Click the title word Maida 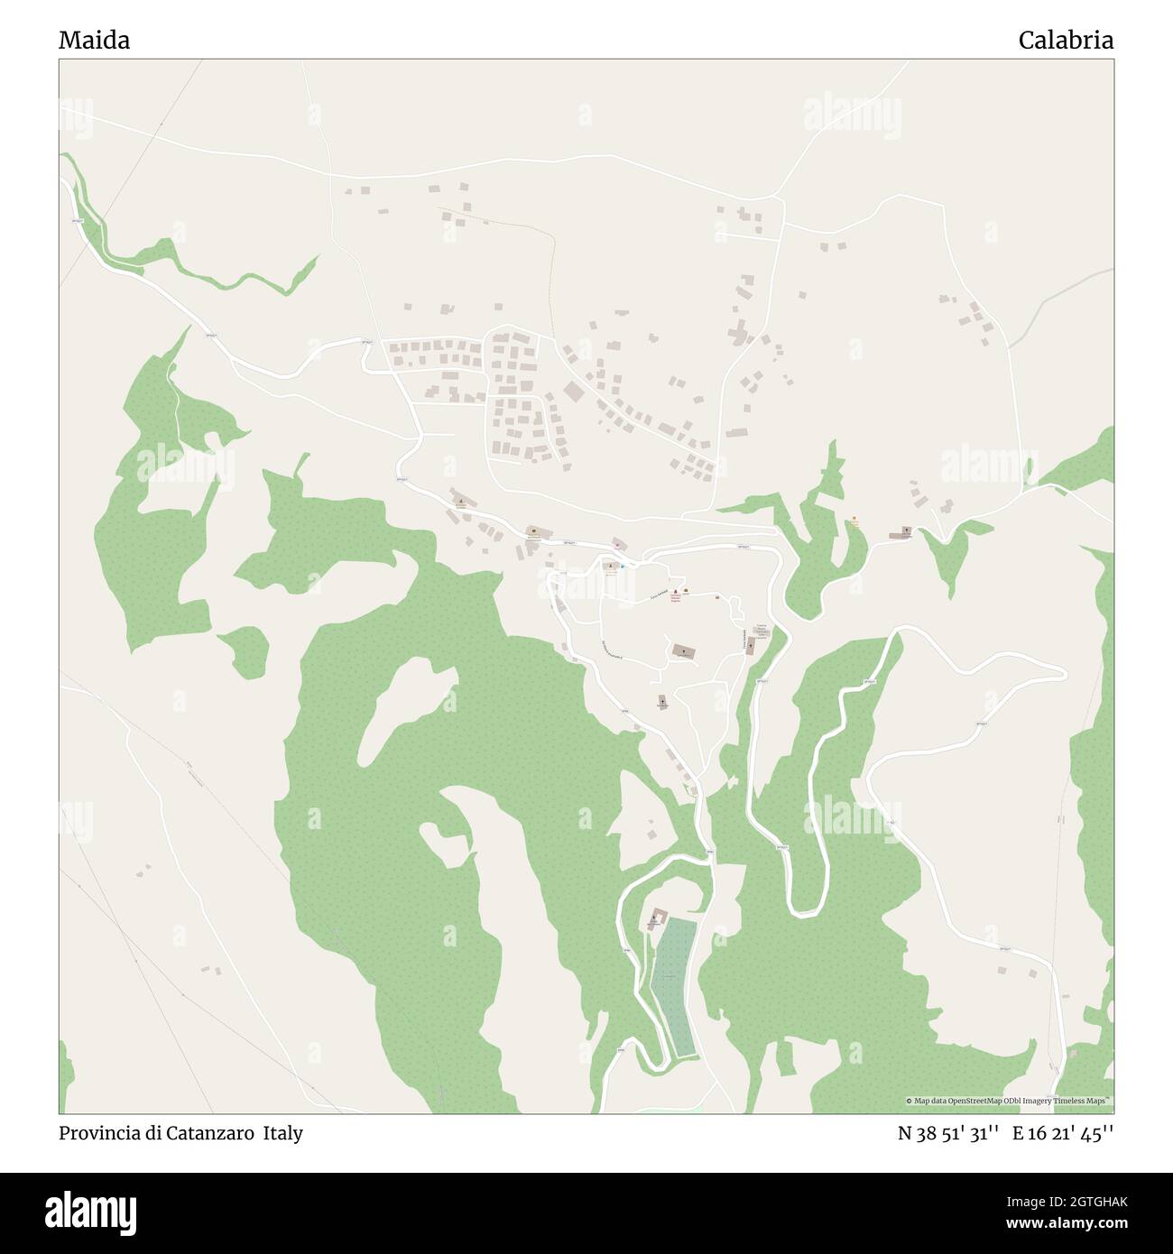pyautogui.click(x=94, y=40)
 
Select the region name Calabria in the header pyautogui.click(x=1066, y=40)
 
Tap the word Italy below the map pyautogui.click(x=283, y=1133)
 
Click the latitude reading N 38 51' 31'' pyautogui.click(x=947, y=1133)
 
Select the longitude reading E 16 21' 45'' pyautogui.click(x=1062, y=1133)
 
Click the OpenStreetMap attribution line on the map pyautogui.click(x=1009, y=1101)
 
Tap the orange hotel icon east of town pyautogui.click(x=854, y=521)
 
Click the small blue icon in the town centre pyautogui.click(x=623, y=566)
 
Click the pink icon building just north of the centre pyautogui.click(x=617, y=543)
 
